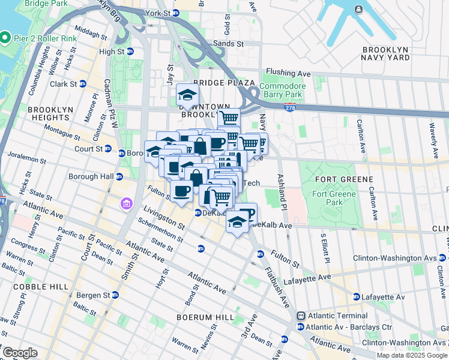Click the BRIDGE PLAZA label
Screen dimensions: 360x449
(x=224, y=83)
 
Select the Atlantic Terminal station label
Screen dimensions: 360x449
(x=337, y=316)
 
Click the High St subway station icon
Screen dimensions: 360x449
(x=129, y=52)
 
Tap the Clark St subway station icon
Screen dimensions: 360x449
(x=82, y=84)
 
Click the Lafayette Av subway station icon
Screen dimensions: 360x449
(x=356, y=297)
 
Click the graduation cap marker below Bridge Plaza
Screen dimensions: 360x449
(x=187, y=95)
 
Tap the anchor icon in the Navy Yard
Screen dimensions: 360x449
(x=358, y=10)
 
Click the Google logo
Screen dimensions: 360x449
(x=20, y=353)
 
